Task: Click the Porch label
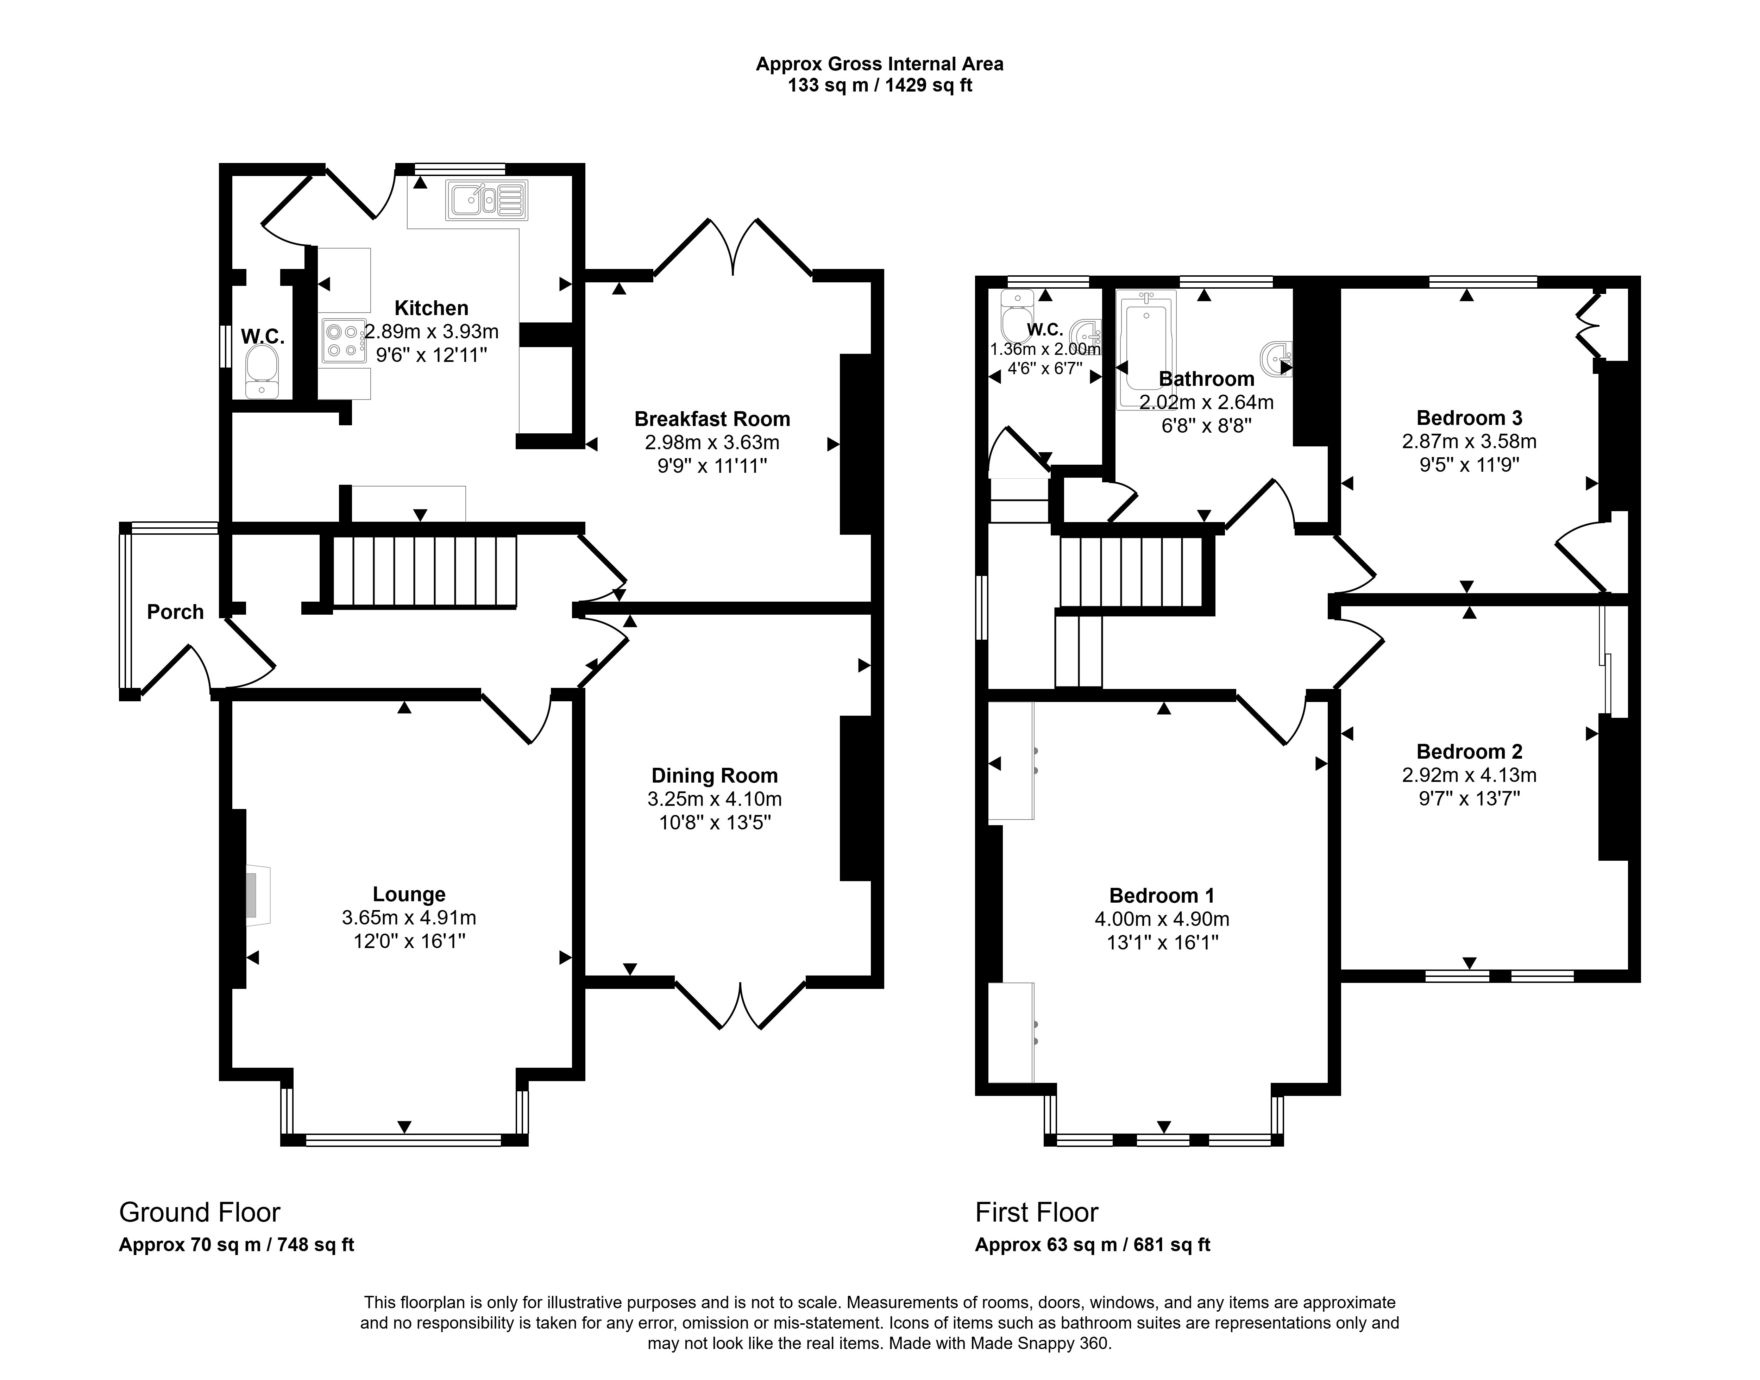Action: pyautogui.click(x=175, y=611)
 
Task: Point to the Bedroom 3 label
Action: pyautogui.click(x=1469, y=418)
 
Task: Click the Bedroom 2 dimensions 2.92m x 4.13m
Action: pyautogui.click(x=1469, y=775)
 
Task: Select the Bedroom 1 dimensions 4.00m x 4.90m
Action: pyautogui.click(x=1162, y=919)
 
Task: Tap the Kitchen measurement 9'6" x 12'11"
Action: pyautogui.click(x=432, y=355)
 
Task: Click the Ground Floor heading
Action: pyautogui.click(x=200, y=1212)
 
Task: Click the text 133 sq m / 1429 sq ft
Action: pyautogui.click(x=880, y=86)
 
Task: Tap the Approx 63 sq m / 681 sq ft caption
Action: pyautogui.click(x=1092, y=1244)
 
